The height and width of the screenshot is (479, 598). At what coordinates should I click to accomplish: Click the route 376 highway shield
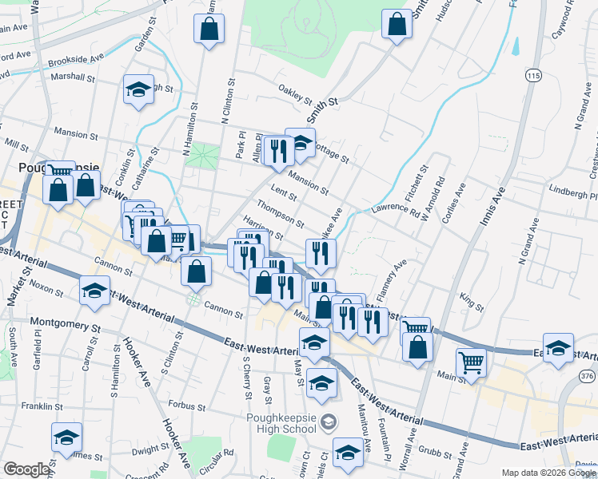point(588,376)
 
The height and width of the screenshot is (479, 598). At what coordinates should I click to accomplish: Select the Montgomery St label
point(66,323)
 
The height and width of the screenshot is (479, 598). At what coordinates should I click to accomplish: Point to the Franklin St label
point(42,406)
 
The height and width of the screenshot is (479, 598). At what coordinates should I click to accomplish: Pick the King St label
point(472,300)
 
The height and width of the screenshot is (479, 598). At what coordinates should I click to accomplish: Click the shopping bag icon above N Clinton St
point(209,29)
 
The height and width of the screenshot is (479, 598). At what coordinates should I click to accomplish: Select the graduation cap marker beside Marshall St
point(139,89)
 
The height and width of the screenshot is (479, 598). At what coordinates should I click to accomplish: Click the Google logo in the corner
point(26,469)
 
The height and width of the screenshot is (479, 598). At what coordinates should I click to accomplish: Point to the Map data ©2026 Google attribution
point(548,473)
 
